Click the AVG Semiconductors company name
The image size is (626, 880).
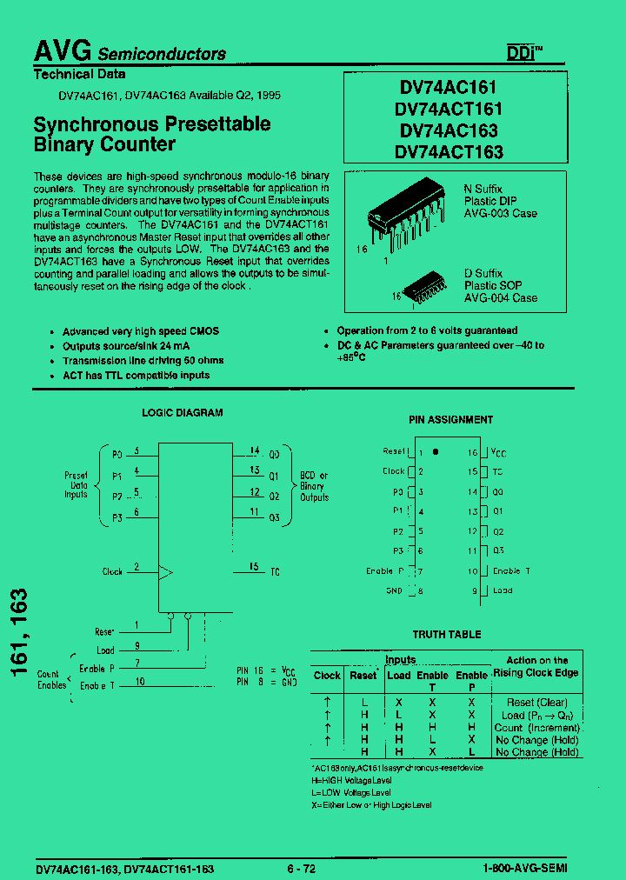click(130, 52)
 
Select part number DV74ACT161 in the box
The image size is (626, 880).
click(448, 109)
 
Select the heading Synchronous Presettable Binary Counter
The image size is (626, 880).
click(151, 134)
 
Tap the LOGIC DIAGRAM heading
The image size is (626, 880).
click(182, 413)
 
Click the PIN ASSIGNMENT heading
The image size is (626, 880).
click(450, 419)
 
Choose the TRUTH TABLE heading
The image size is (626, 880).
click(446, 635)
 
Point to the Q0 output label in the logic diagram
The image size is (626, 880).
click(274, 455)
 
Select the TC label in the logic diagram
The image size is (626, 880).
click(274, 571)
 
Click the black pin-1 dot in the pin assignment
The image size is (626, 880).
click(436, 452)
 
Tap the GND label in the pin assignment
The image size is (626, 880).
click(394, 590)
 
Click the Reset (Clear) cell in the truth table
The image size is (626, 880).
click(536, 703)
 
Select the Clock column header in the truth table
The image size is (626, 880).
click(327, 675)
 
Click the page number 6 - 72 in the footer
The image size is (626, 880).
click(301, 869)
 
